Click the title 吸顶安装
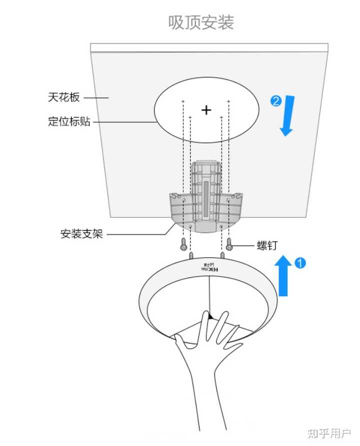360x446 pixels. (x=201, y=23)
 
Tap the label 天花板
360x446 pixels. (x=63, y=97)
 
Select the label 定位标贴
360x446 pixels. (x=69, y=121)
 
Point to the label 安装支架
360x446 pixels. (x=81, y=234)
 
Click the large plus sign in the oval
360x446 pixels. (x=206, y=110)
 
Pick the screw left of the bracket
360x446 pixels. (x=184, y=244)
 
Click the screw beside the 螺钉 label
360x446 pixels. (x=229, y=244)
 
